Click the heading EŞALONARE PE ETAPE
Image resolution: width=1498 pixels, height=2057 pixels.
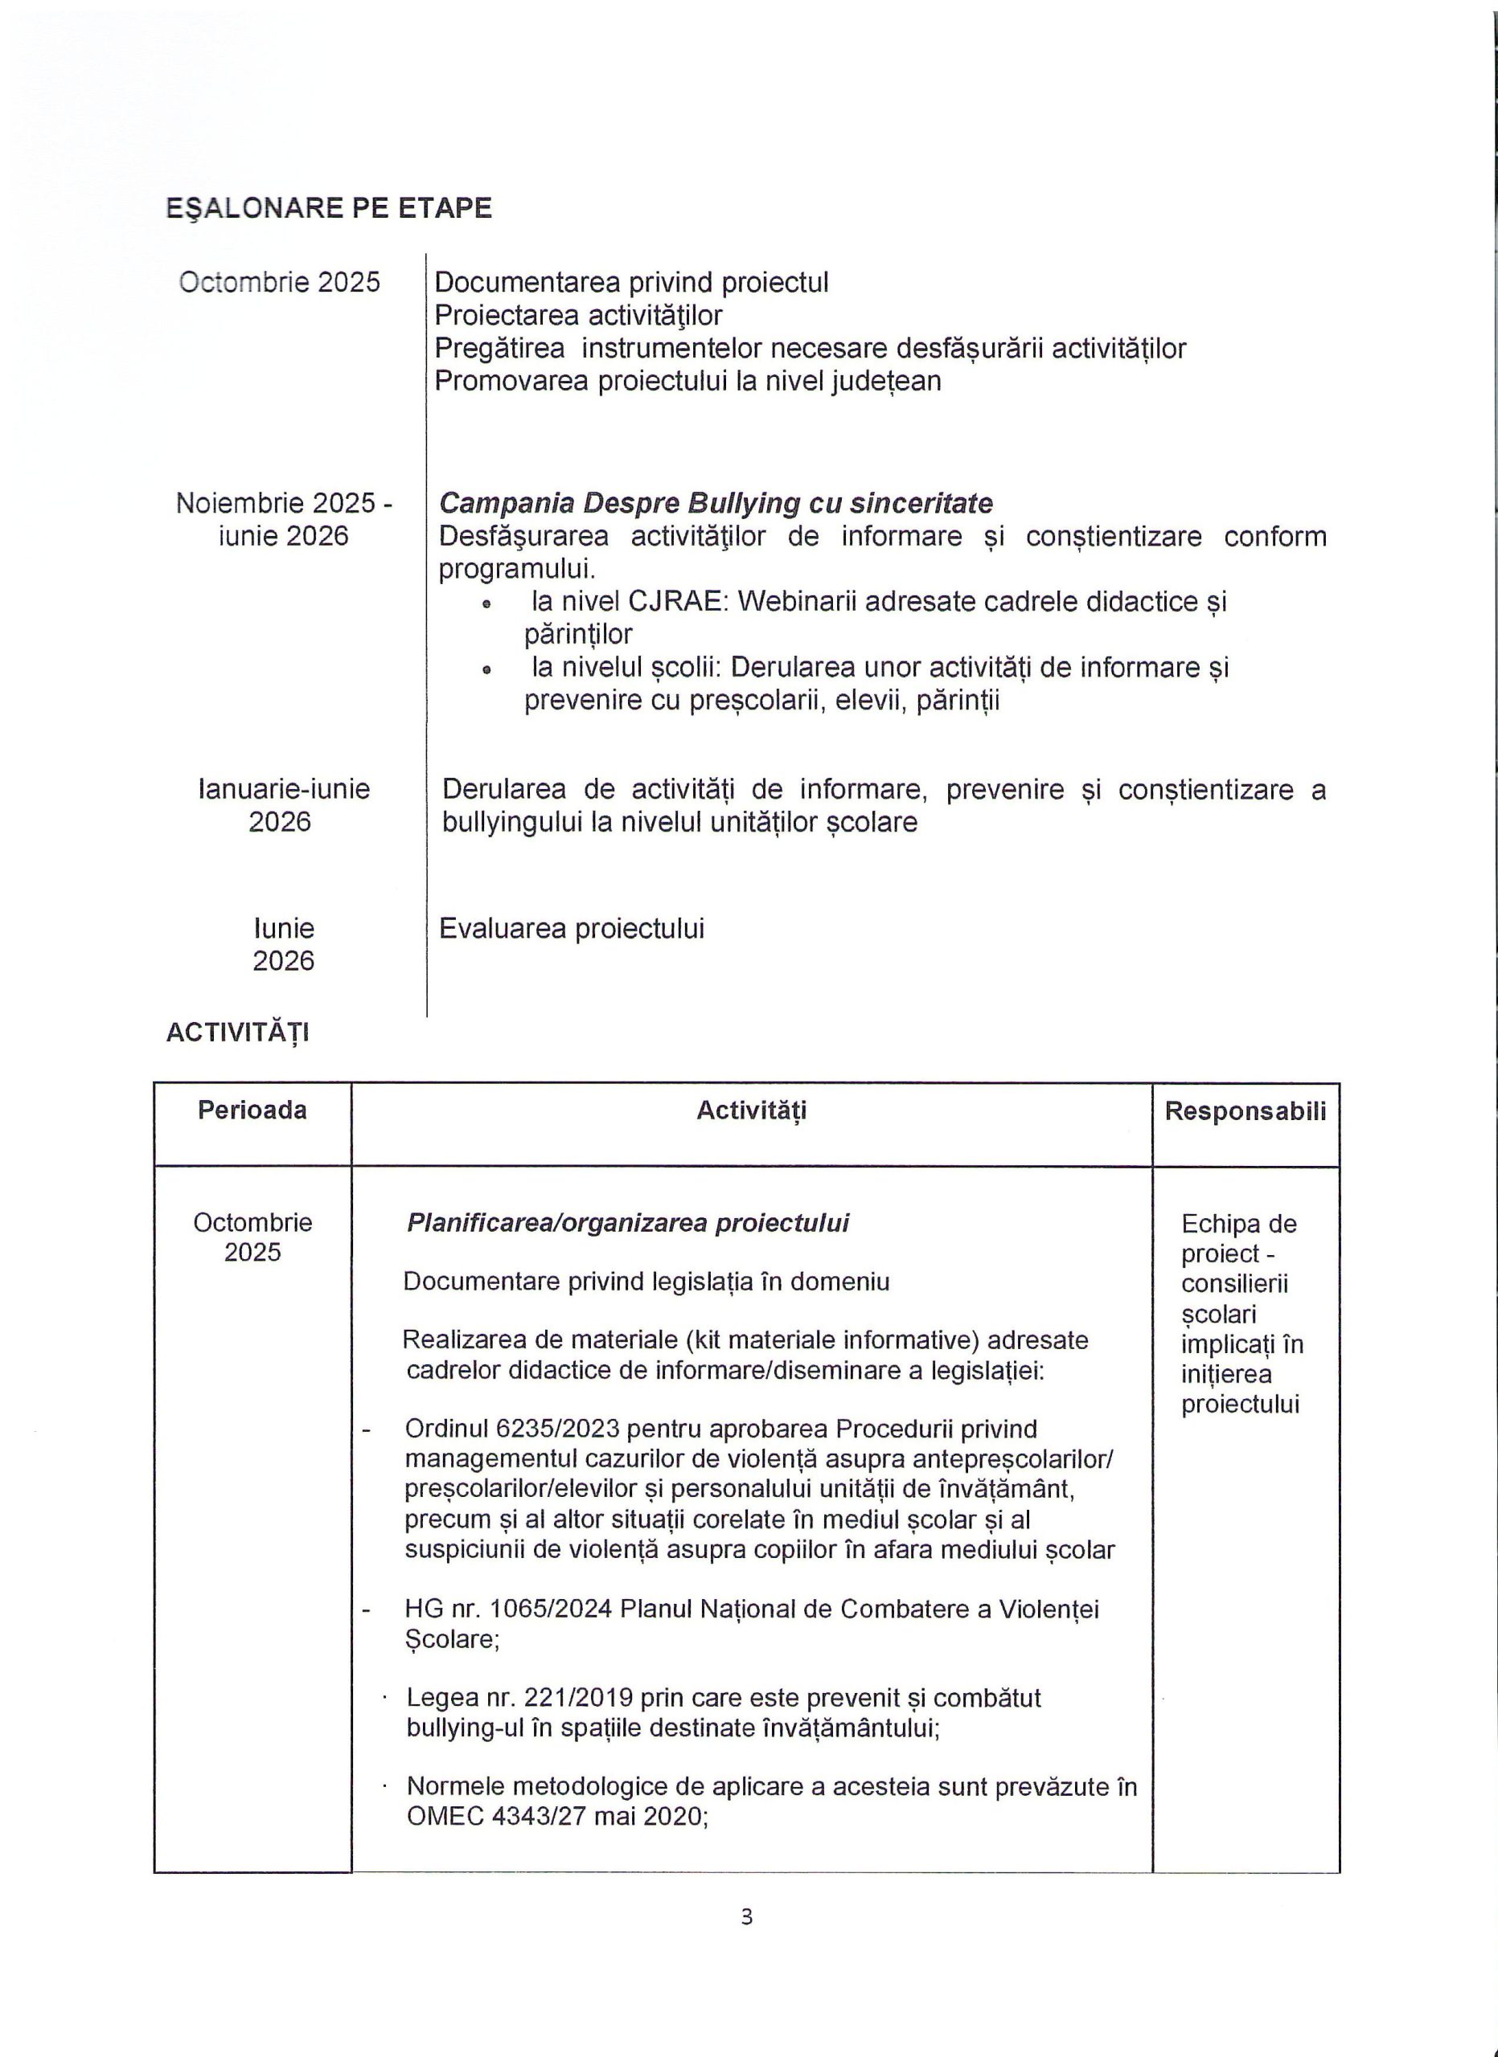click(x=328, y=209)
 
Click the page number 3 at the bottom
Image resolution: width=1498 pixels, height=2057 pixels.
click(x=747, y=1916)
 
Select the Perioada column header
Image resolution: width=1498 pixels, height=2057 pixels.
click(x=252, y=1110)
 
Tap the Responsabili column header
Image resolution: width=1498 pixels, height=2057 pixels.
click(x=1245, y=1111)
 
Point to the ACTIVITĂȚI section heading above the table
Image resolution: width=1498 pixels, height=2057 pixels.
click(x=238, y=1033)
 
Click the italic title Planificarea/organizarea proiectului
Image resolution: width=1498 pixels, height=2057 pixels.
click(x=628, y=1224)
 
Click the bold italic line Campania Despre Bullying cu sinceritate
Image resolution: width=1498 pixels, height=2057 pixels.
click(x=716, y=503)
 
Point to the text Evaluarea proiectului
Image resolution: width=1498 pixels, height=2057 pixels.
click(x=572, y=929)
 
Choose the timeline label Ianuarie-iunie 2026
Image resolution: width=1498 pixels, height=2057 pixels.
click(x=283, y=804)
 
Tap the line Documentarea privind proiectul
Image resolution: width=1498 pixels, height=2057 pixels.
click(x=631, y=283)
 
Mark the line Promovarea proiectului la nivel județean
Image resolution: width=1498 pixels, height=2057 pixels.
click(x=687, y=381)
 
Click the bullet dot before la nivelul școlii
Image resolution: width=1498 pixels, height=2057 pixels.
click(x=487, y=670)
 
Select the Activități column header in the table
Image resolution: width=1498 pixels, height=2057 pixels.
click(x=751, y=1111)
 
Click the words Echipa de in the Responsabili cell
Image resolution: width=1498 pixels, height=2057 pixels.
click(x=1238, y=1225)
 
